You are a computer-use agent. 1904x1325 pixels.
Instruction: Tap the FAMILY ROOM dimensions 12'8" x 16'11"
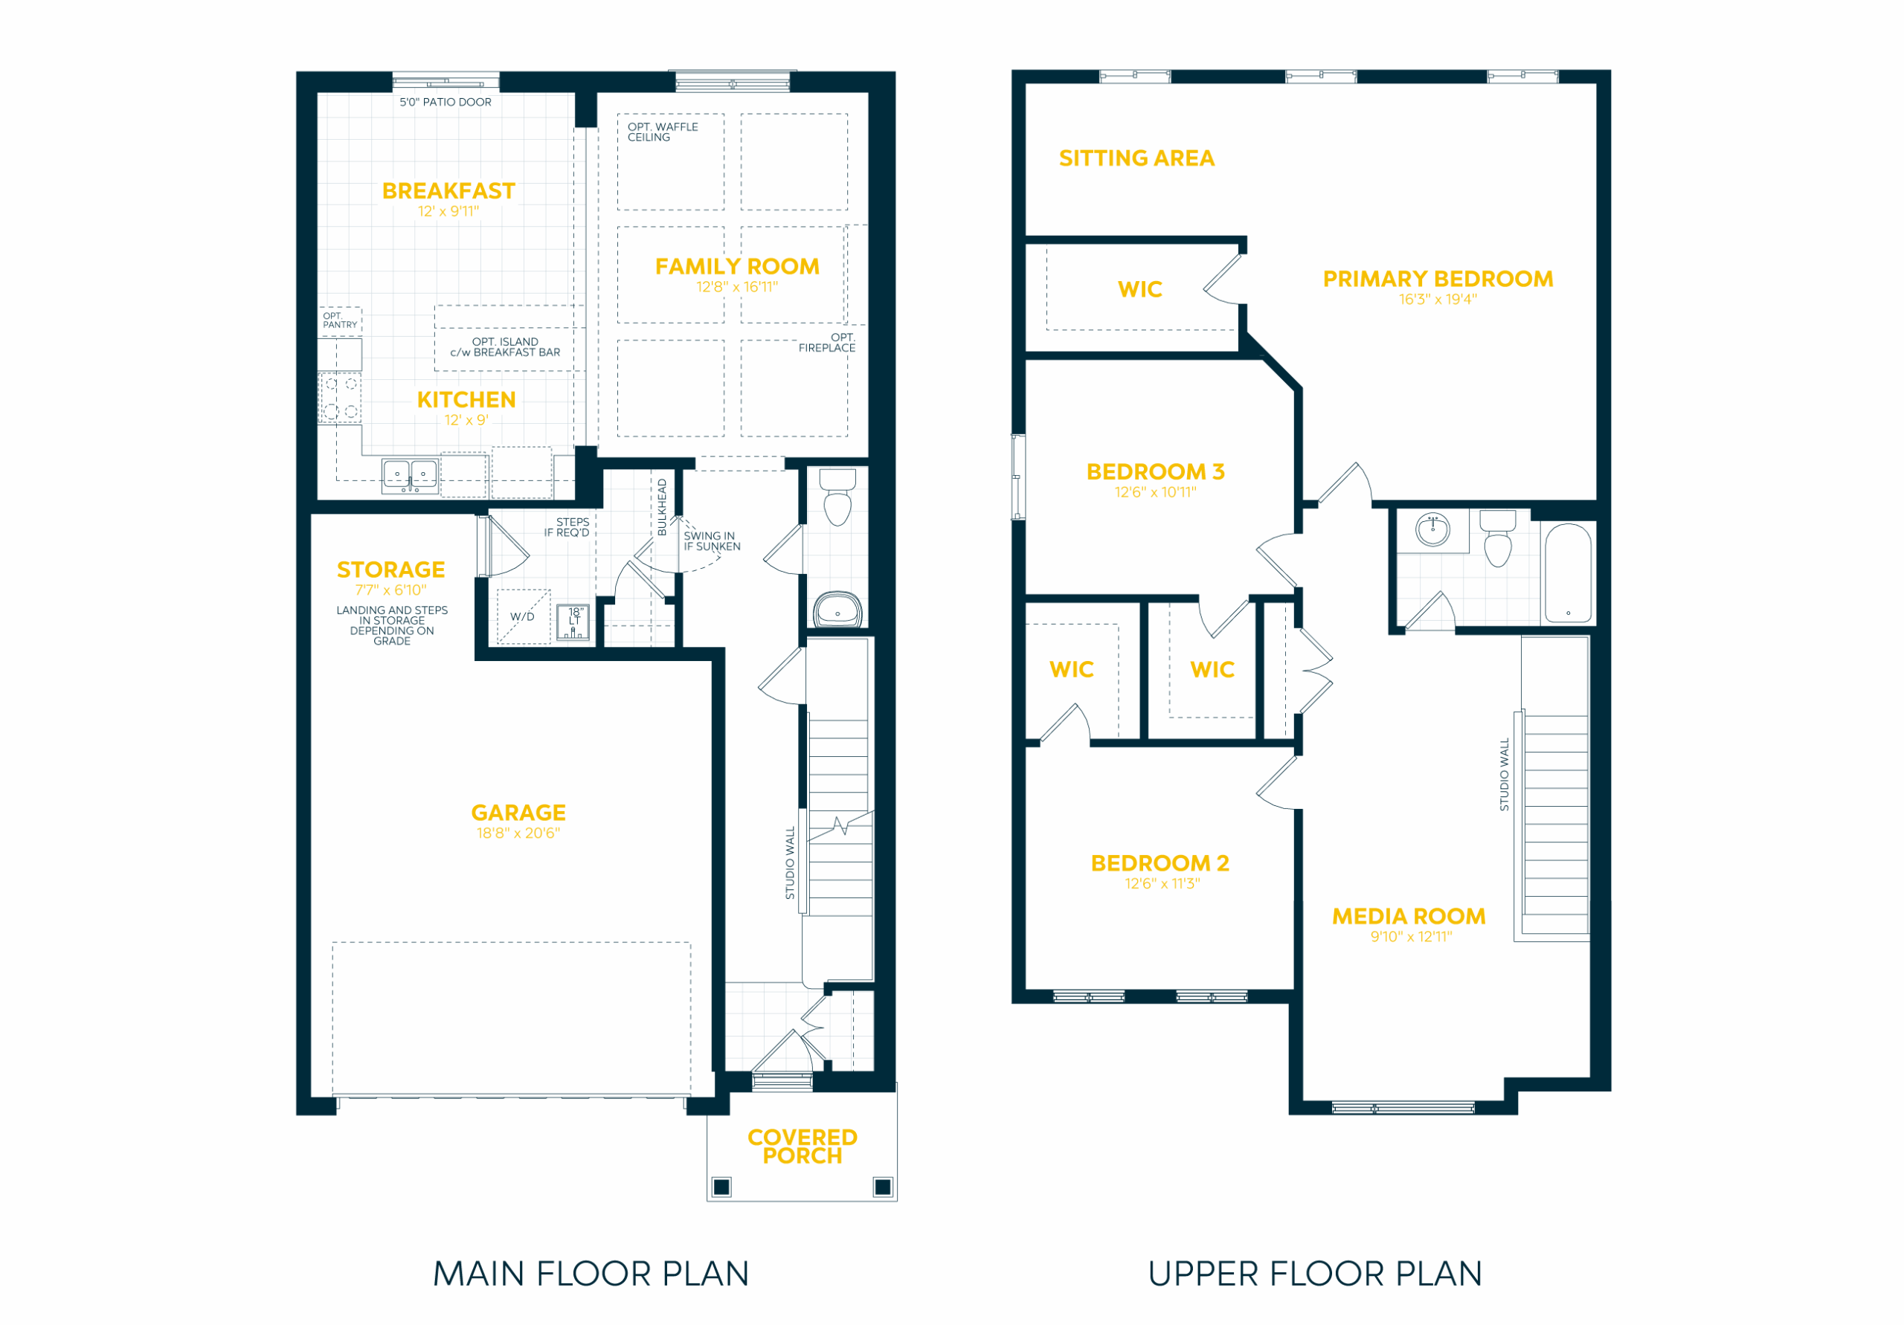pyautogui.click(x=736, y=287)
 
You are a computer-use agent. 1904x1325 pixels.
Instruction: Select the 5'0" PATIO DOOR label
pyautogui.click(x=446, y=102)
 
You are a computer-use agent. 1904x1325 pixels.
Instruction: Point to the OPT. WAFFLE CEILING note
pyautogui.click(x=663, y=132)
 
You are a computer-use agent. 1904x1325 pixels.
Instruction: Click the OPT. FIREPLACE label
pyautogui.click(x=827, y=343)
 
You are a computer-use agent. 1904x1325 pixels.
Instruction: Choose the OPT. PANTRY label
pyautogui.click(x=340, y=320)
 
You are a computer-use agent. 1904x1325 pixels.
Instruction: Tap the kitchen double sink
pyautogui.click(x=410, y=476)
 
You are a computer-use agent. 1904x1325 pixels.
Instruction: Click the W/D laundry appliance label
pyautogui.click(x=522, y=617)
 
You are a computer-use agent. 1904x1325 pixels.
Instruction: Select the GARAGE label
pyautogui.click(x=518, y=813)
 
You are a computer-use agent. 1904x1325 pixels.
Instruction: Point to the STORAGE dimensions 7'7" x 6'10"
pyautogui.click(x=390, y=590)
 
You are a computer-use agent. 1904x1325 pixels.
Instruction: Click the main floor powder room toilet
pyautogui.click(x=837, y=497)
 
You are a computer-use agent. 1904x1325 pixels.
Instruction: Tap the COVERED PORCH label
pyautogui.click(x=802, y=1147)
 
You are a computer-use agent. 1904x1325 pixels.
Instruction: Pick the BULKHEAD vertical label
pyautogui.click(x=662, y=506)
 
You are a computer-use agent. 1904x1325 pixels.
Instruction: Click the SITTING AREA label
pyautogui.click(x=1136, y=158)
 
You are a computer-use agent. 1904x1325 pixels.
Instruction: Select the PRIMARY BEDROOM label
pyautogui.click(x=1438, y=279)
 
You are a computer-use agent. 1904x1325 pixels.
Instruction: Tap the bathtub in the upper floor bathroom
pyautogui.click(x=1567, y=573)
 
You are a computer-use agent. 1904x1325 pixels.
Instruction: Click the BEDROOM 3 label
pyautogui.click(x=1155, y=472)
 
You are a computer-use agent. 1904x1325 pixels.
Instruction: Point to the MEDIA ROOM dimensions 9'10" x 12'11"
pyautogui.click(x=1411, y=937)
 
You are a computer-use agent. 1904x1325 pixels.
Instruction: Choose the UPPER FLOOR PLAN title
pyautogui.click(x=1314, y=1274)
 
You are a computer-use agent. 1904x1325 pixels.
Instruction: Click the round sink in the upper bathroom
pyautogui.click(x=1432, y=529)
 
